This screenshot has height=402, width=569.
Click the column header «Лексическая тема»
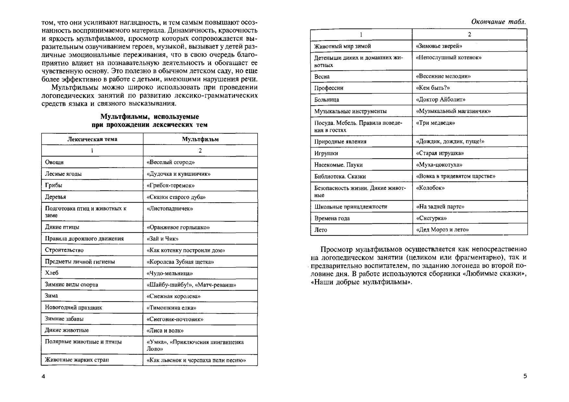[92, 139]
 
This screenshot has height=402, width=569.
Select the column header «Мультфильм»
[200, 139]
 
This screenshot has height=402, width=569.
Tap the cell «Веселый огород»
[171, 162]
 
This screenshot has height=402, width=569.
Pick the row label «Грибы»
[54, 185]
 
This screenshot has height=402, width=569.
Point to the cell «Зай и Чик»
[163, 239]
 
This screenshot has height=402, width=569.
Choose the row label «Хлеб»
[52, 273]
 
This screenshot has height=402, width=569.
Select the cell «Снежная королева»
[174, 296]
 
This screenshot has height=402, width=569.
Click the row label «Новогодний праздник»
[73, 307]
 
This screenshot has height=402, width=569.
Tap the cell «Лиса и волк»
[165, 331]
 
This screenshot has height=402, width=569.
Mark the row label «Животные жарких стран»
[77, 360]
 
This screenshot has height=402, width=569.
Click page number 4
[43, 376]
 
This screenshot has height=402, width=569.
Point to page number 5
[525, 376]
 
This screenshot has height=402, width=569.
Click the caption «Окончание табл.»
[499, 22]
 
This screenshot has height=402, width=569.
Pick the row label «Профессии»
[329, 88]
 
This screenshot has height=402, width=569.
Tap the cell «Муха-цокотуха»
[439, 165]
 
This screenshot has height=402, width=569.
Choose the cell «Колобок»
[430, 188]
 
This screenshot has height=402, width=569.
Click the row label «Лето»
[321, 230]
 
